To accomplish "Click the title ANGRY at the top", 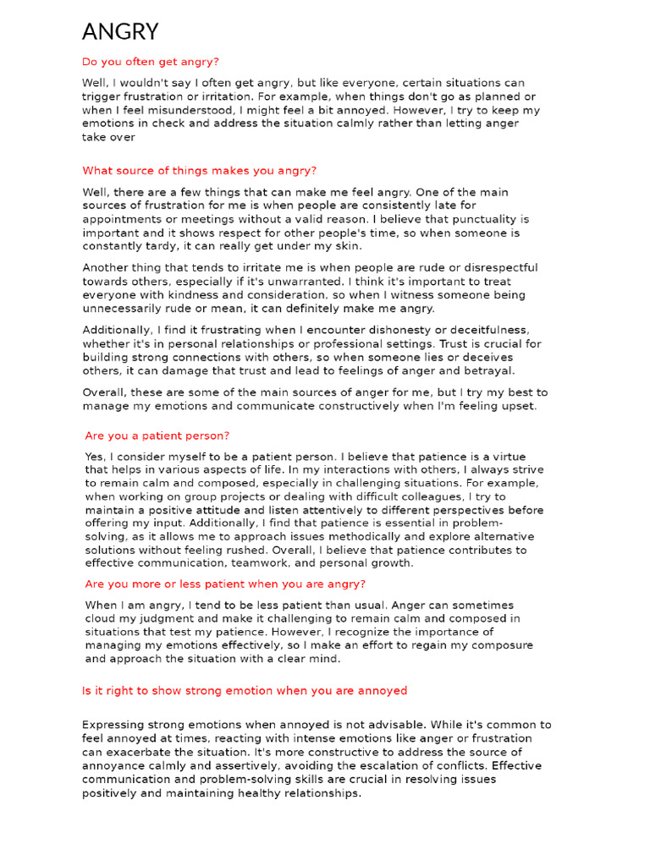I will pyautogui.click(x=120, y=31).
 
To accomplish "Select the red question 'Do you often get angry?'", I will pyautogui.click(x=150, y=62).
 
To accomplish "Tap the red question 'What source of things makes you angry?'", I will pyautogui.click(x=199, y=170).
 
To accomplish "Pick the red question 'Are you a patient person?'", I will pyautogui.click(x=157, y=436).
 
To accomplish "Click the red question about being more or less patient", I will pyautogui.click(x=225, y=584).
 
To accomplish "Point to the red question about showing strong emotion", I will pyautogui.click(x=244, y=691).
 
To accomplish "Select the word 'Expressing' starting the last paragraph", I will pyautogui.click(x=113, y=725).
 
